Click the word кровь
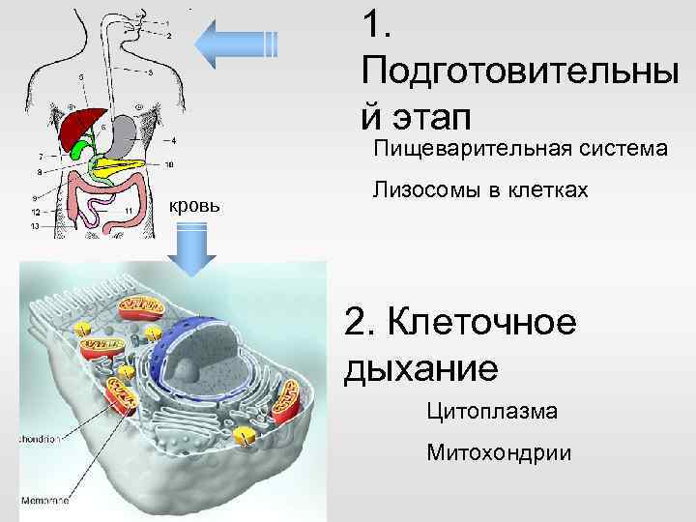point(195,205)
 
